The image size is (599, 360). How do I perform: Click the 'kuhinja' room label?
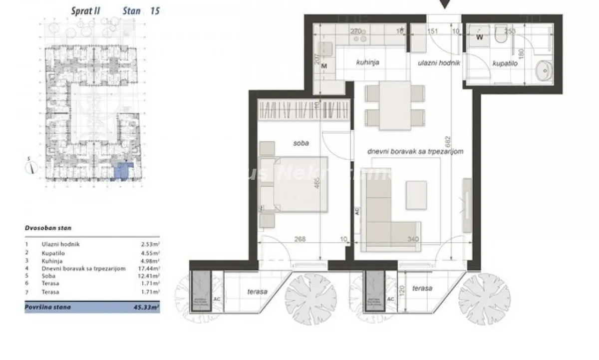(368, 63)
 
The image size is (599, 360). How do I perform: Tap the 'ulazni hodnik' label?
(438, 63)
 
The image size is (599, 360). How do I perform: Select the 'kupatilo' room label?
(505, 64)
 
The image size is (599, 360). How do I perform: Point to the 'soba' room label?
(301, 143)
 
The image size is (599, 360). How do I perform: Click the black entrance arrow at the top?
(444, 4)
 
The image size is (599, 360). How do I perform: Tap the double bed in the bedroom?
(295, 184)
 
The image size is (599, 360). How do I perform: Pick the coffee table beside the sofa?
(418, 194)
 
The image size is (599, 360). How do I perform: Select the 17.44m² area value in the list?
(150, 268)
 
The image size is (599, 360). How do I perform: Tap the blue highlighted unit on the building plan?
(121, 171)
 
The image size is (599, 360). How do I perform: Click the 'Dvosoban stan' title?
(48, 228)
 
